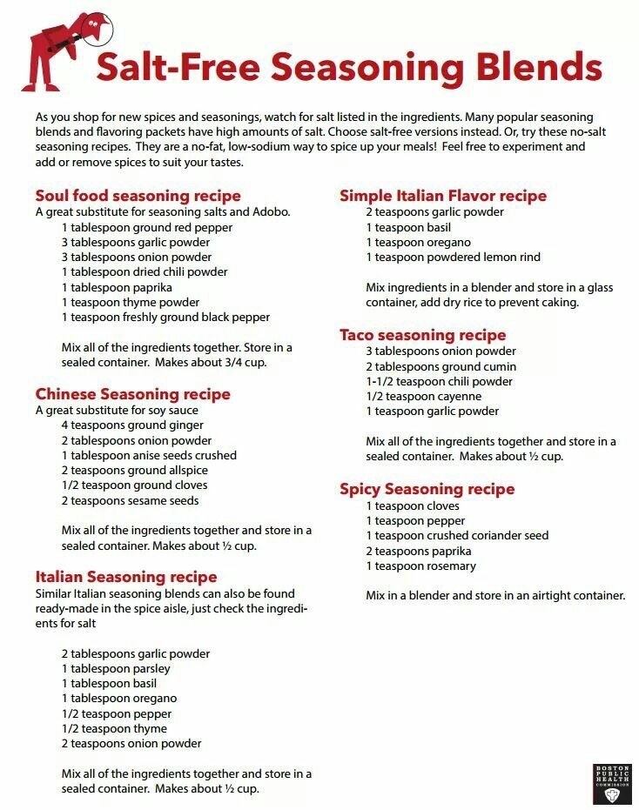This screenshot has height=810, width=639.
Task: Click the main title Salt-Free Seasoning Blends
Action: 348,66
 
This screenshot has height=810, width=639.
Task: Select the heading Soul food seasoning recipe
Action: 138,196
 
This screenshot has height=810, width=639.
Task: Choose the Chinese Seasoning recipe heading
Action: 132,394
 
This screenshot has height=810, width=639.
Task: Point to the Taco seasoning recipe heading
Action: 422,335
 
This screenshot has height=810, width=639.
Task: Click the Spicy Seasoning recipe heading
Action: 427,489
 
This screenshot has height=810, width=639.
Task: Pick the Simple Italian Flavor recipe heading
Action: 442,196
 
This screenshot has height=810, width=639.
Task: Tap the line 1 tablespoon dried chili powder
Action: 145,272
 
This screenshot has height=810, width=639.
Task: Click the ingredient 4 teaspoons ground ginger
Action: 132,425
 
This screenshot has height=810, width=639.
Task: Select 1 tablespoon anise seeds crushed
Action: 149,455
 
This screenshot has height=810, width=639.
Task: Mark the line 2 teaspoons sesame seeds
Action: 130,500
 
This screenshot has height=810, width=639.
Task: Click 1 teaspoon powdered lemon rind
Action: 453,257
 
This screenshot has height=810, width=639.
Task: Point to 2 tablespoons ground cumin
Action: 440,366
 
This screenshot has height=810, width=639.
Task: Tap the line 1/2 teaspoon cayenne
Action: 423,396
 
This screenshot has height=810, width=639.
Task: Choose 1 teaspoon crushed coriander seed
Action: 457,535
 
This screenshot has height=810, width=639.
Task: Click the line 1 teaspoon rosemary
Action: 420,566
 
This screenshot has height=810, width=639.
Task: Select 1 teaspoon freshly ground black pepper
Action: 165,318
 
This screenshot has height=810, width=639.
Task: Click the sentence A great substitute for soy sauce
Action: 117,410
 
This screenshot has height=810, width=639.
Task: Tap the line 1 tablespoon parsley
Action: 116,668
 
